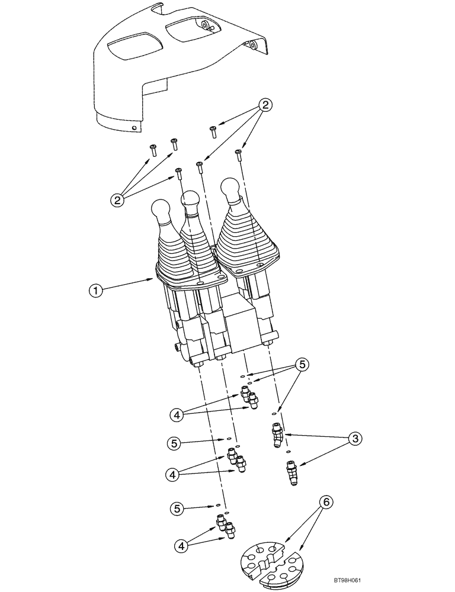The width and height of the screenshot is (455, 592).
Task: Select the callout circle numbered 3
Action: (x=355, y=439)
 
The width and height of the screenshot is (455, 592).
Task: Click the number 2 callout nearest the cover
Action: (x=266, y=105)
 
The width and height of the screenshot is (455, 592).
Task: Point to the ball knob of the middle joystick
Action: (x=192, y=202)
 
